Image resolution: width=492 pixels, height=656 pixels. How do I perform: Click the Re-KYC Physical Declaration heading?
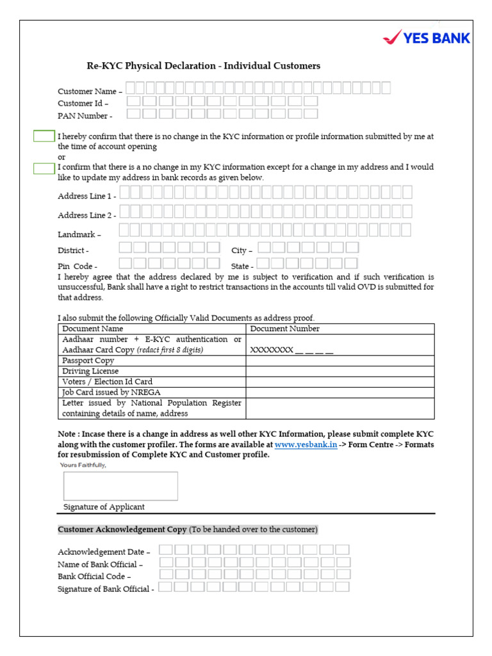click(x=203, y=66)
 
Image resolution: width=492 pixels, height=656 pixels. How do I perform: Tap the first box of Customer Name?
click(x=131, y=88)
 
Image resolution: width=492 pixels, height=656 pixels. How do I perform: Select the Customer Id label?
click(x=83, y=103)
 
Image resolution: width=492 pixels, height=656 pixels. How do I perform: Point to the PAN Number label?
click(x=85, y=116)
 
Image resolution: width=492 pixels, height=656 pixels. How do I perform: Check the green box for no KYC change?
click(x=44, y=136)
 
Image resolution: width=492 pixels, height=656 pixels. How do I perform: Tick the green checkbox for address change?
click(x=44, y=168)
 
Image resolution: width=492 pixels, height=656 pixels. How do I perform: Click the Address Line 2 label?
click(x=86, y=215)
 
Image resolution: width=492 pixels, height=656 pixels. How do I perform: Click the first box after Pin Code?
click(x=126, y=263)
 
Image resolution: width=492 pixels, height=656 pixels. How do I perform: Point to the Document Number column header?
click(x=284, y=329)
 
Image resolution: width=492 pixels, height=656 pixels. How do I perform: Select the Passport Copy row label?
click(x=88, y=361)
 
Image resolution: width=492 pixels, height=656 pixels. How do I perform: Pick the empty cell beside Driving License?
click(x=340, y=371)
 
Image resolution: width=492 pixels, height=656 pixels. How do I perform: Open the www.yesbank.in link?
click(x=306, y=445)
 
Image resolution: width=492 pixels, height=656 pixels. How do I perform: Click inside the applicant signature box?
click(x=120, y=486)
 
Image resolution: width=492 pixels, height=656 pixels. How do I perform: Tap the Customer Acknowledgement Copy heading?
click(x=122, y=530)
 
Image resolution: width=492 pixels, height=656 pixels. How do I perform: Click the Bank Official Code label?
click(x=94, y=577)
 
